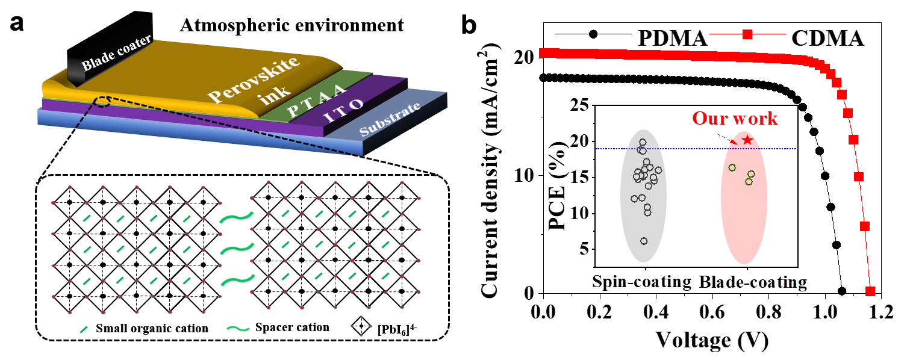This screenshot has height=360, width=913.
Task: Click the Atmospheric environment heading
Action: [x=290, y=25]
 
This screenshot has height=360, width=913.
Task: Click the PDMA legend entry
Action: [x=672, y=37]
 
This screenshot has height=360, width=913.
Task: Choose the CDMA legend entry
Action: [x=829, y=37]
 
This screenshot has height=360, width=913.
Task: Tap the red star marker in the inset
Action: [x=747, y=140]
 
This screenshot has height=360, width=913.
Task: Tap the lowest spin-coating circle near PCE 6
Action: [x=644, y=241]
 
